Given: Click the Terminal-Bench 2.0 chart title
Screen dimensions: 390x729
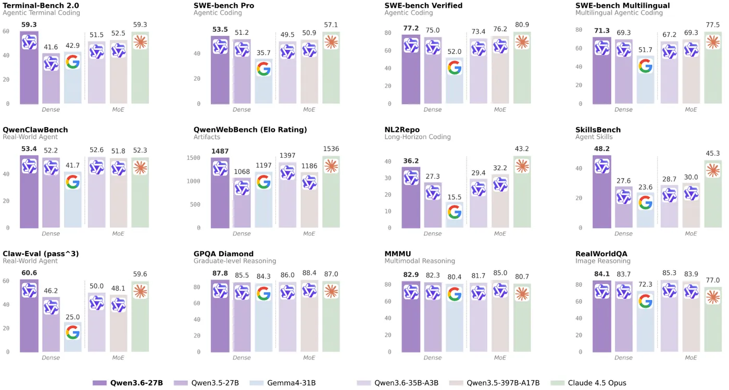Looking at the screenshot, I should (x=40, y=6).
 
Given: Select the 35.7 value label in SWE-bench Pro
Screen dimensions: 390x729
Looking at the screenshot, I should (x=263, y=53).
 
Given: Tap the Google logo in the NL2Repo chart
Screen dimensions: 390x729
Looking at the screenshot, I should (x=455, y=211).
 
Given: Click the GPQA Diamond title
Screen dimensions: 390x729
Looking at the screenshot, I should (x=223, y=254).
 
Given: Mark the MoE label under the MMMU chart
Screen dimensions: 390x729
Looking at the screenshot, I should (x=500, y=358).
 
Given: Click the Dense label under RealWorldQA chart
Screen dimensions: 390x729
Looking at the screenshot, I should (x=623, y=358).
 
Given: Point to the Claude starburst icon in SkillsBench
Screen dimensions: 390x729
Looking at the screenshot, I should (x=713, y=170).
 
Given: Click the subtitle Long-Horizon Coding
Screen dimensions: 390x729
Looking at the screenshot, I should (x=418, y=137).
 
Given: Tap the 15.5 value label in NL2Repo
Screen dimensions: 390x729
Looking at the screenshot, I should (x=455, y=197).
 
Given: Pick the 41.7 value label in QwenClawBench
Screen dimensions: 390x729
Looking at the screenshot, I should (x=73, y=165).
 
